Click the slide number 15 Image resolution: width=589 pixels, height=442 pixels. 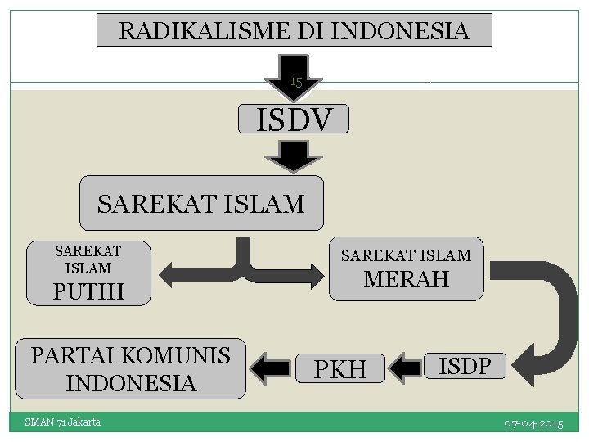(x=296, y=81)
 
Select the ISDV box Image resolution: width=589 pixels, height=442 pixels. (x=294, y=120)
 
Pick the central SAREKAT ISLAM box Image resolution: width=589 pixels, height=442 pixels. (x=200, y=202)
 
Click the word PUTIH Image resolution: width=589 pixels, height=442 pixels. (x=88, y=291)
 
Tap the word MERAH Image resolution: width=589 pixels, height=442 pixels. (x=407, y=280)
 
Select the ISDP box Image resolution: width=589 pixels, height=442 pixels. (x=465, y=365)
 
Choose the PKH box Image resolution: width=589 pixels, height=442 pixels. (x=340, y=369)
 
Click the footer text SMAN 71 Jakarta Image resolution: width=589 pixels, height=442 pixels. (x=62, y=422)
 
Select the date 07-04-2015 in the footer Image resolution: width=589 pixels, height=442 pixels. (x=533, y=423)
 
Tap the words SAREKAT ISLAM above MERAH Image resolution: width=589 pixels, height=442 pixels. (x=406, y=255)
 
